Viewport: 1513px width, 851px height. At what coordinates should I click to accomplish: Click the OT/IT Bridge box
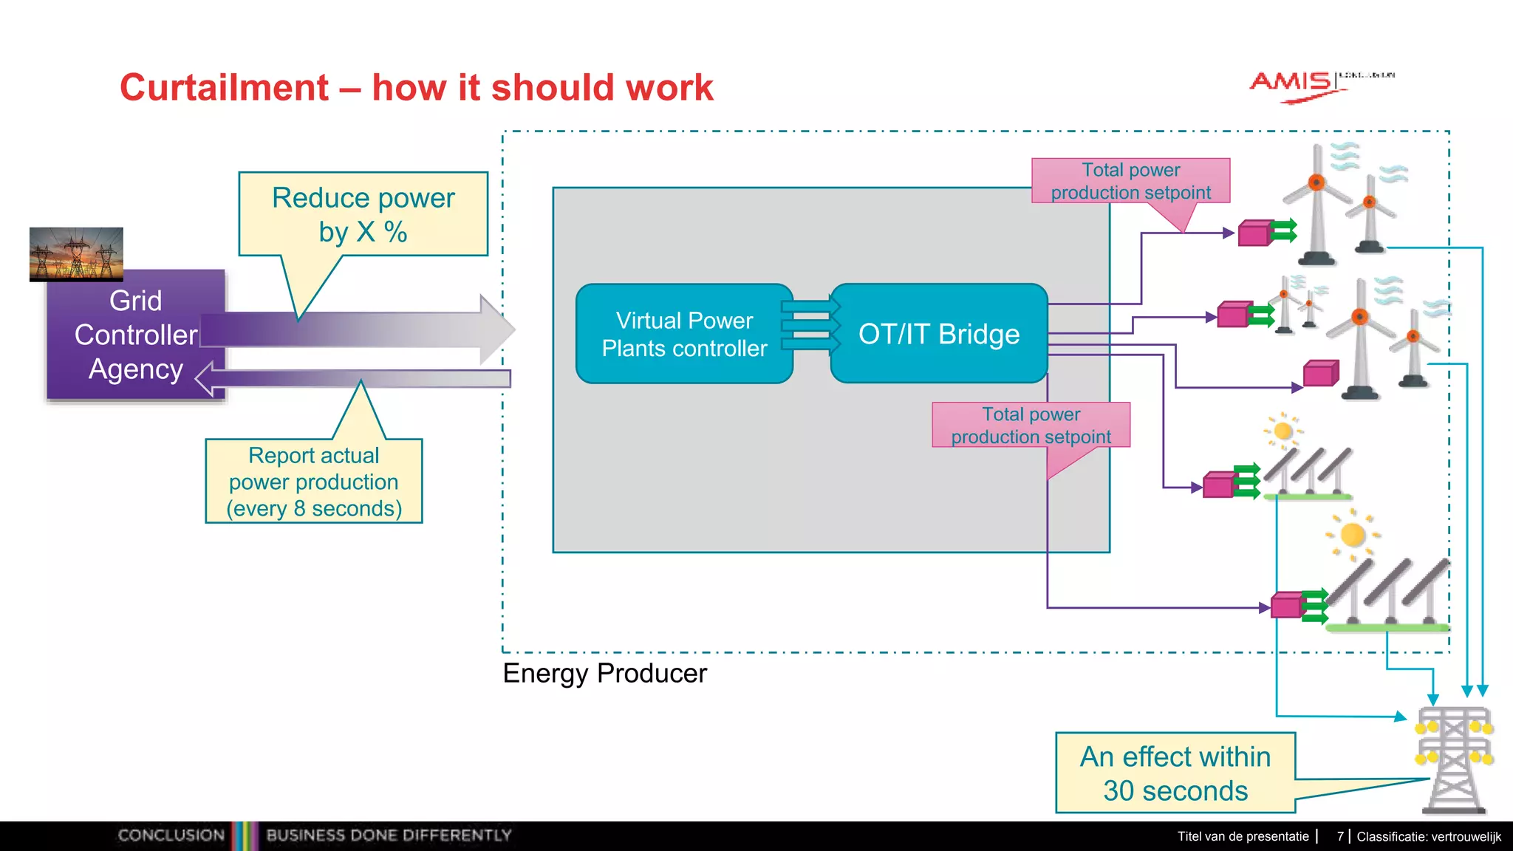pyautogui.click(x=938, y=334)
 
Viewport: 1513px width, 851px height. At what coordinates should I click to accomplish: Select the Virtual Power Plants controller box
pyautogui.click(x=684, y=334)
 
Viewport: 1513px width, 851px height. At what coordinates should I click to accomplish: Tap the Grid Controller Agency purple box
pyautogui.click(x=135, y=335)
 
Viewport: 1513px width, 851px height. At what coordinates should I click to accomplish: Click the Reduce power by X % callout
pyautogui.click(x=363, y=214)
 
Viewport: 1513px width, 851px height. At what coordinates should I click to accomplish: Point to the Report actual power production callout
pyautogui.click(x=314, y=482)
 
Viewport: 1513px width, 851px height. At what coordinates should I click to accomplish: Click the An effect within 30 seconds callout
pyautogui.click(x=1175, y=773)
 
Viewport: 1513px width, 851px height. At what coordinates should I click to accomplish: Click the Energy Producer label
pyautogui.click(x=604, y=673)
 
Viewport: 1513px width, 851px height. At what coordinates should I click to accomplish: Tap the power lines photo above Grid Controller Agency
pyautogui.click(x=76, y=253)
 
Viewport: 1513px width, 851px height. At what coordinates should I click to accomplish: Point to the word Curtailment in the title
pyautogui.click(x=224, y=87)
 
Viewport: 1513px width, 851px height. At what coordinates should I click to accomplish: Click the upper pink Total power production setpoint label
pyautogui.click(x=1130, y=181)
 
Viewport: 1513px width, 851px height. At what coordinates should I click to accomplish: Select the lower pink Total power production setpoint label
pyautogui.click(x=1031, y=425)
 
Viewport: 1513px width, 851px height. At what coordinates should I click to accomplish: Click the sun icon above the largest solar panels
pyautogui.click(x=1353, y=533)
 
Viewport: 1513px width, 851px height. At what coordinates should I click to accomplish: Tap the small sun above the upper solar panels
pyautogui.click(x=1283, y=430)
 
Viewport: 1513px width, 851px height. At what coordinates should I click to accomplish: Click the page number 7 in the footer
pyautogui.click(x=1340, y=836)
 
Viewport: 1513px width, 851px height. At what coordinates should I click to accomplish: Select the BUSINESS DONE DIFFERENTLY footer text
pyautogui.click(x=389, y=835)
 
